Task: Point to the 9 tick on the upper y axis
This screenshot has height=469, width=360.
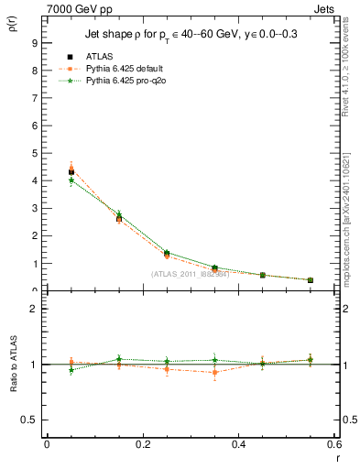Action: tap(34, 42)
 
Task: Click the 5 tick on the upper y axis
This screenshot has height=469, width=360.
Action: tap(34, 153)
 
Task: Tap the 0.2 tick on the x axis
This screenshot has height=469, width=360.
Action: tap(143, 445)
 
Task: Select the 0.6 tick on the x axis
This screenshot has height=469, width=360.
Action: tap(335, 445)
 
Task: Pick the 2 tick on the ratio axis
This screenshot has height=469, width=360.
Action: tap(34, 309)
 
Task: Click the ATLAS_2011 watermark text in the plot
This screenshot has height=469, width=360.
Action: tap(191, 274)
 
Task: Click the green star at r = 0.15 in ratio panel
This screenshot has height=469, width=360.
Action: tap(118, 359)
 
